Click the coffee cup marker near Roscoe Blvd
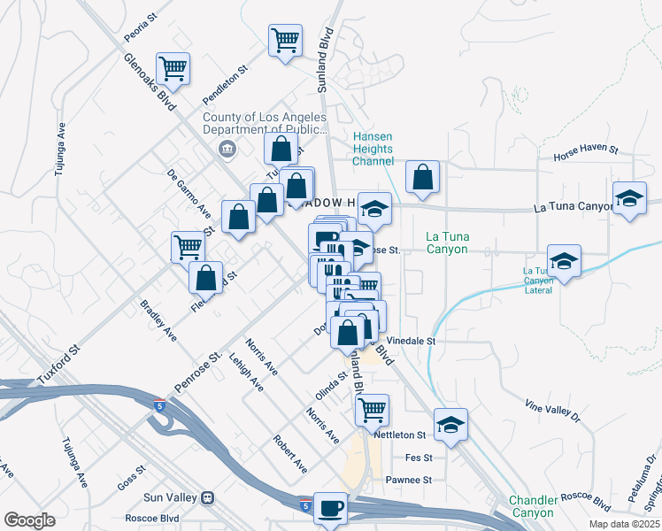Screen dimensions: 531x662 [x=330, y=509]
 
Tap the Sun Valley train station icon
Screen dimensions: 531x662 [x=208, y=498]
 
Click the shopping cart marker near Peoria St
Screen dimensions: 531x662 [x=173, y=68]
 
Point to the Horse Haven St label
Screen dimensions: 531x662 [x=584, y=154]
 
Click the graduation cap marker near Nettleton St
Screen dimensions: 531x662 [x=450, y=426]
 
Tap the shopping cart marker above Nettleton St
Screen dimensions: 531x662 [x=373, y=410]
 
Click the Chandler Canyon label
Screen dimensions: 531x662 [x=533, y=506]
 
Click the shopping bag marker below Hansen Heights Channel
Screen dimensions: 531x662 [x=423, y=177]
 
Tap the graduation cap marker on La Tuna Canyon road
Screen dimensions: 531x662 [x=628, y=199]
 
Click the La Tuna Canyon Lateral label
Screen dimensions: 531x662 [x=538, y=275]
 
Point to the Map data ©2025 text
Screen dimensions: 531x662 [x=623, y=524]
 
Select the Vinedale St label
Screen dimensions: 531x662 [x=412, y=340]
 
